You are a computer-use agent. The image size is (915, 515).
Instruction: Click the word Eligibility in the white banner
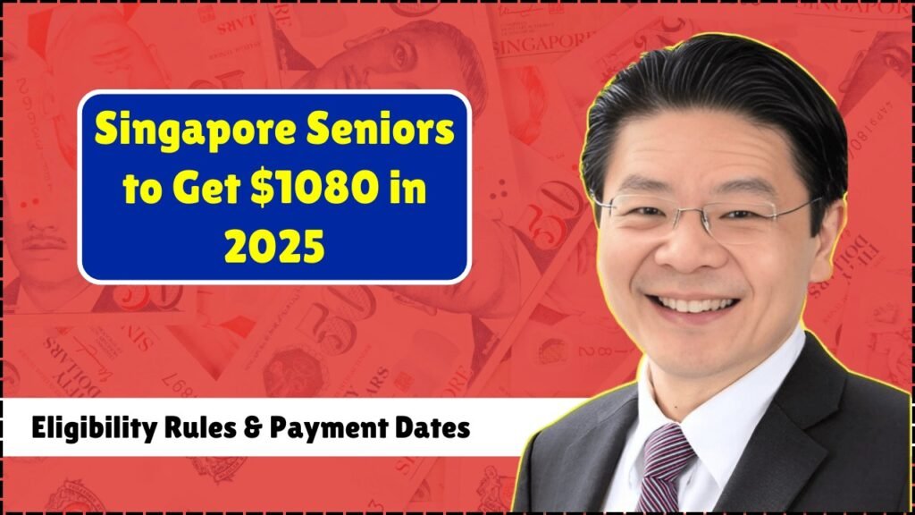[x=95, y=428]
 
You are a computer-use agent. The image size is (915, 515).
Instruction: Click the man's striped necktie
[x=664, y=467]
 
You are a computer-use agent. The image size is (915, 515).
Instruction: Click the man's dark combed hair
[x=718, y=99]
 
